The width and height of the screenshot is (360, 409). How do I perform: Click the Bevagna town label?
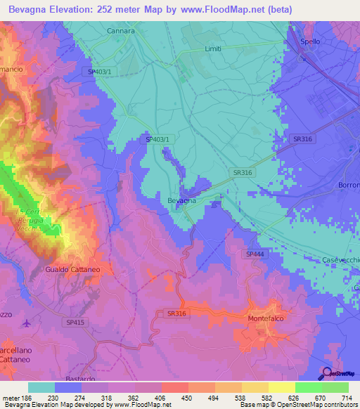pyautogui.click(x=181, y=201)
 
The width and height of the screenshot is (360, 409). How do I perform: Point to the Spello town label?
pyautogui.click(x=310, y=41)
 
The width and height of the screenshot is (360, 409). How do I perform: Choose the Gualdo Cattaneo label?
pyautogui.click(x=68, y=269)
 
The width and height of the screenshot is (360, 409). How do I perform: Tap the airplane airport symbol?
pyautogui.click(x=27, y=323)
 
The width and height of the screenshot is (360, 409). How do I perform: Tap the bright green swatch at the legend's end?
pyautogui.click(x=335, y=387)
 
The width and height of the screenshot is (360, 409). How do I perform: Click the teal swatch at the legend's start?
pyautogui.click(x=41, y=387)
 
